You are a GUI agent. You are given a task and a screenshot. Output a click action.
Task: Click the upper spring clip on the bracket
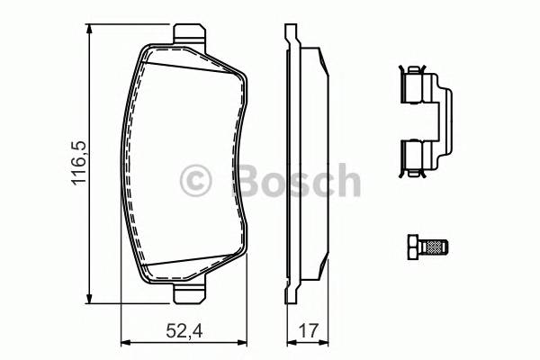[x=413, y=86]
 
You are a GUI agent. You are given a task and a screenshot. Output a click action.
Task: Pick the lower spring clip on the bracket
[x=413, y=155]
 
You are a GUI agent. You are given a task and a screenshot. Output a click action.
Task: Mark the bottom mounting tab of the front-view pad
[x=187, y=293]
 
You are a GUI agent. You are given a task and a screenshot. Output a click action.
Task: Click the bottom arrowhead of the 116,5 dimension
[x=88, y=301]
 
